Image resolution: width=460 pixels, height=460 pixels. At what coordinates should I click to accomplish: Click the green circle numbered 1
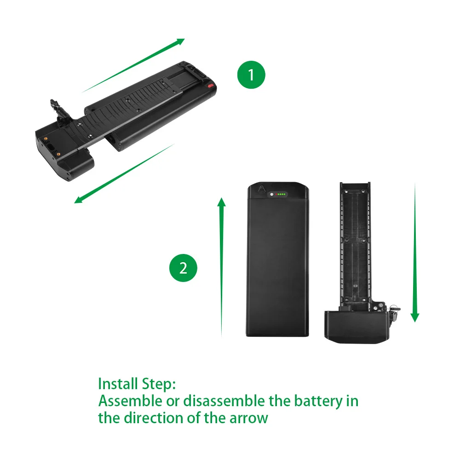[x=251, y=75]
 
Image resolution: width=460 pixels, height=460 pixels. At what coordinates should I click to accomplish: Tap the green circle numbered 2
[x=183, y=268]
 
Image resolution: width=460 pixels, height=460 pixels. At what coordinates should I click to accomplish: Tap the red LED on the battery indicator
[x=276, y=195]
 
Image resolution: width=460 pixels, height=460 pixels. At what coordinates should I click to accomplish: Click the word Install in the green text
[x=117, y=384]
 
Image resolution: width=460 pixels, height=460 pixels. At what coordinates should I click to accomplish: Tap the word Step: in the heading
[x=157, y=384]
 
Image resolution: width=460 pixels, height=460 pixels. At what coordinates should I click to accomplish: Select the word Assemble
[x=130, y=401]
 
